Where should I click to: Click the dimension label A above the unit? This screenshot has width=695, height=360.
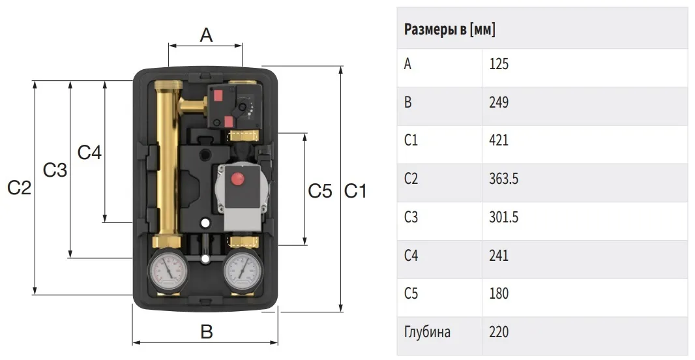click(206, 35)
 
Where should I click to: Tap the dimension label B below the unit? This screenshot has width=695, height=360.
click(207, 331)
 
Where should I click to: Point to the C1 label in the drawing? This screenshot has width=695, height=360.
click(355, 191)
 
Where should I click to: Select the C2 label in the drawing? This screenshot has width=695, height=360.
click(20, 188)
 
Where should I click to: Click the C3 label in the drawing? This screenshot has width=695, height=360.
click(55, 170)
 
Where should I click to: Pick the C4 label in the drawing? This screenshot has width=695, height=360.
click(89, 153)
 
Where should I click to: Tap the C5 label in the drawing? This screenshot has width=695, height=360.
click(320, 191)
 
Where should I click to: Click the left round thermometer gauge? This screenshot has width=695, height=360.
click(168, 271)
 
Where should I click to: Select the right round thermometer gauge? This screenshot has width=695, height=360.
click(242, 271)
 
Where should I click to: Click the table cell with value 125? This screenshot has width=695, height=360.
click(499, 64)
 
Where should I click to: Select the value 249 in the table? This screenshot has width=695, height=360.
click(499, 102)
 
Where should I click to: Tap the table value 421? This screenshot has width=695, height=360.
click(499, 140)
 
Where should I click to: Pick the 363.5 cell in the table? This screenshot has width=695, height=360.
click(504, 179)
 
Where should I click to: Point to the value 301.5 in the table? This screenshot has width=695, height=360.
click(504, 217)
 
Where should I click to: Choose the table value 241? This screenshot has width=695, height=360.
click(499, 256)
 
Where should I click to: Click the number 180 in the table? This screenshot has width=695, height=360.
click(499, 293)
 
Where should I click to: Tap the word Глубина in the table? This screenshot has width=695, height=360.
click(427, 332)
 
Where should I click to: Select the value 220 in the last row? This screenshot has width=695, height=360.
click(499, 331)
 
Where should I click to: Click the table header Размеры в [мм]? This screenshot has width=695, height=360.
click(449, 29)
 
